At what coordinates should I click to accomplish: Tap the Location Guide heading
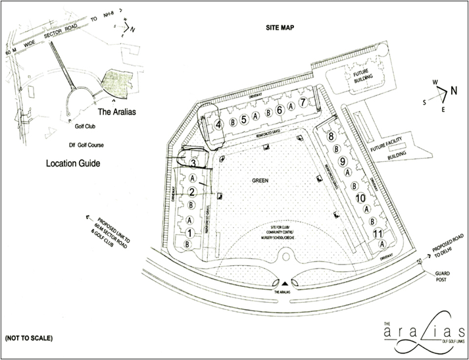point(72,161)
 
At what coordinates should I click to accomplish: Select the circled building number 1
point(189,232)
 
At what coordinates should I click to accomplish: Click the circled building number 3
point(193,162)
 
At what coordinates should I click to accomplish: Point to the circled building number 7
point(303,102)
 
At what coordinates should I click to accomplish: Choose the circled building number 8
point(332,136)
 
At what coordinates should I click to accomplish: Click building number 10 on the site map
point(360,197)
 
